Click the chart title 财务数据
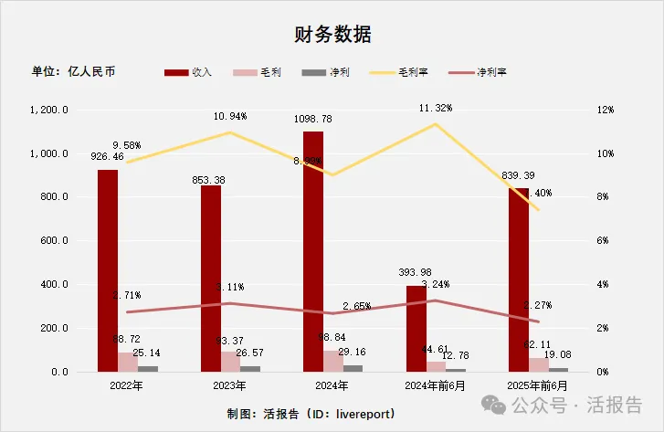332,35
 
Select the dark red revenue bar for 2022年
108,269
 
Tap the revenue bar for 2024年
313,251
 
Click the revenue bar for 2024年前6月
416,329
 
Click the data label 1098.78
313,119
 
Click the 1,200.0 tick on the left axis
50,110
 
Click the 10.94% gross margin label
230,117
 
